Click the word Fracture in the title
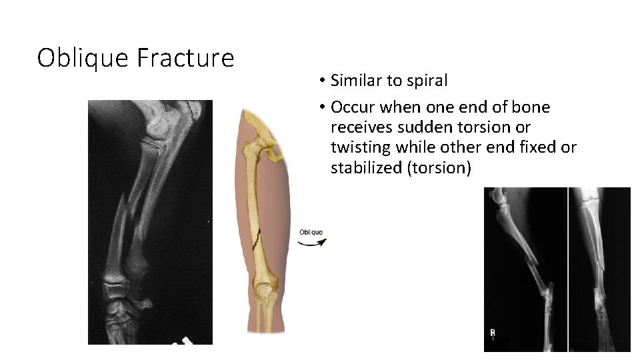coord(185,58)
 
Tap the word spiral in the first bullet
coord(429,81)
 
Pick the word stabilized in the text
coord(366,167)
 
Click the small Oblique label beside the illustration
coord(311,233)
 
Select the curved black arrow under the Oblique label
coord(312,242)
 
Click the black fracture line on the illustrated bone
coord(257,242)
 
